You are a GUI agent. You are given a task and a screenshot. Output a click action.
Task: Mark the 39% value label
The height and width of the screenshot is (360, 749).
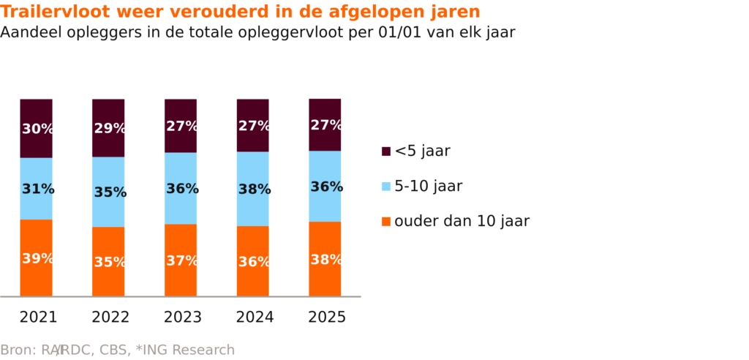coord(37,258)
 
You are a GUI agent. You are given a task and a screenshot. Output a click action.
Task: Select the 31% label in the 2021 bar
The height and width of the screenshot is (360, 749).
coord(37,189)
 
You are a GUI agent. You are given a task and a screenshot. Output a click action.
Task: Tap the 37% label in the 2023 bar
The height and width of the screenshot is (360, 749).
coord(181,260)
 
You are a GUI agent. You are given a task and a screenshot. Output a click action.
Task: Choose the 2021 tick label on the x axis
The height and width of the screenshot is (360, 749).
coord(38,318)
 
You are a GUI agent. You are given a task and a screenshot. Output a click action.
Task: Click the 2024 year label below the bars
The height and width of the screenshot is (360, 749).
coord(255,318)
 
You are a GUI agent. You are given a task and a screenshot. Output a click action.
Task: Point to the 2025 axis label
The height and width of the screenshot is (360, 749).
coord(327,318)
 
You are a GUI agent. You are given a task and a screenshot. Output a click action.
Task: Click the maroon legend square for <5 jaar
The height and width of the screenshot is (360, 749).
coord(386,151)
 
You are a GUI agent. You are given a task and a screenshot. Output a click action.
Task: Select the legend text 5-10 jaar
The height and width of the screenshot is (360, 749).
coord(429,186)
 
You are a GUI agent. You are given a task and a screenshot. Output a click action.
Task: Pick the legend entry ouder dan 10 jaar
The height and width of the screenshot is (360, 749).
coord(462,221)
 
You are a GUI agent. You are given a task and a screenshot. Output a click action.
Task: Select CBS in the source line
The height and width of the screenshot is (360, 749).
coord(124,350)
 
